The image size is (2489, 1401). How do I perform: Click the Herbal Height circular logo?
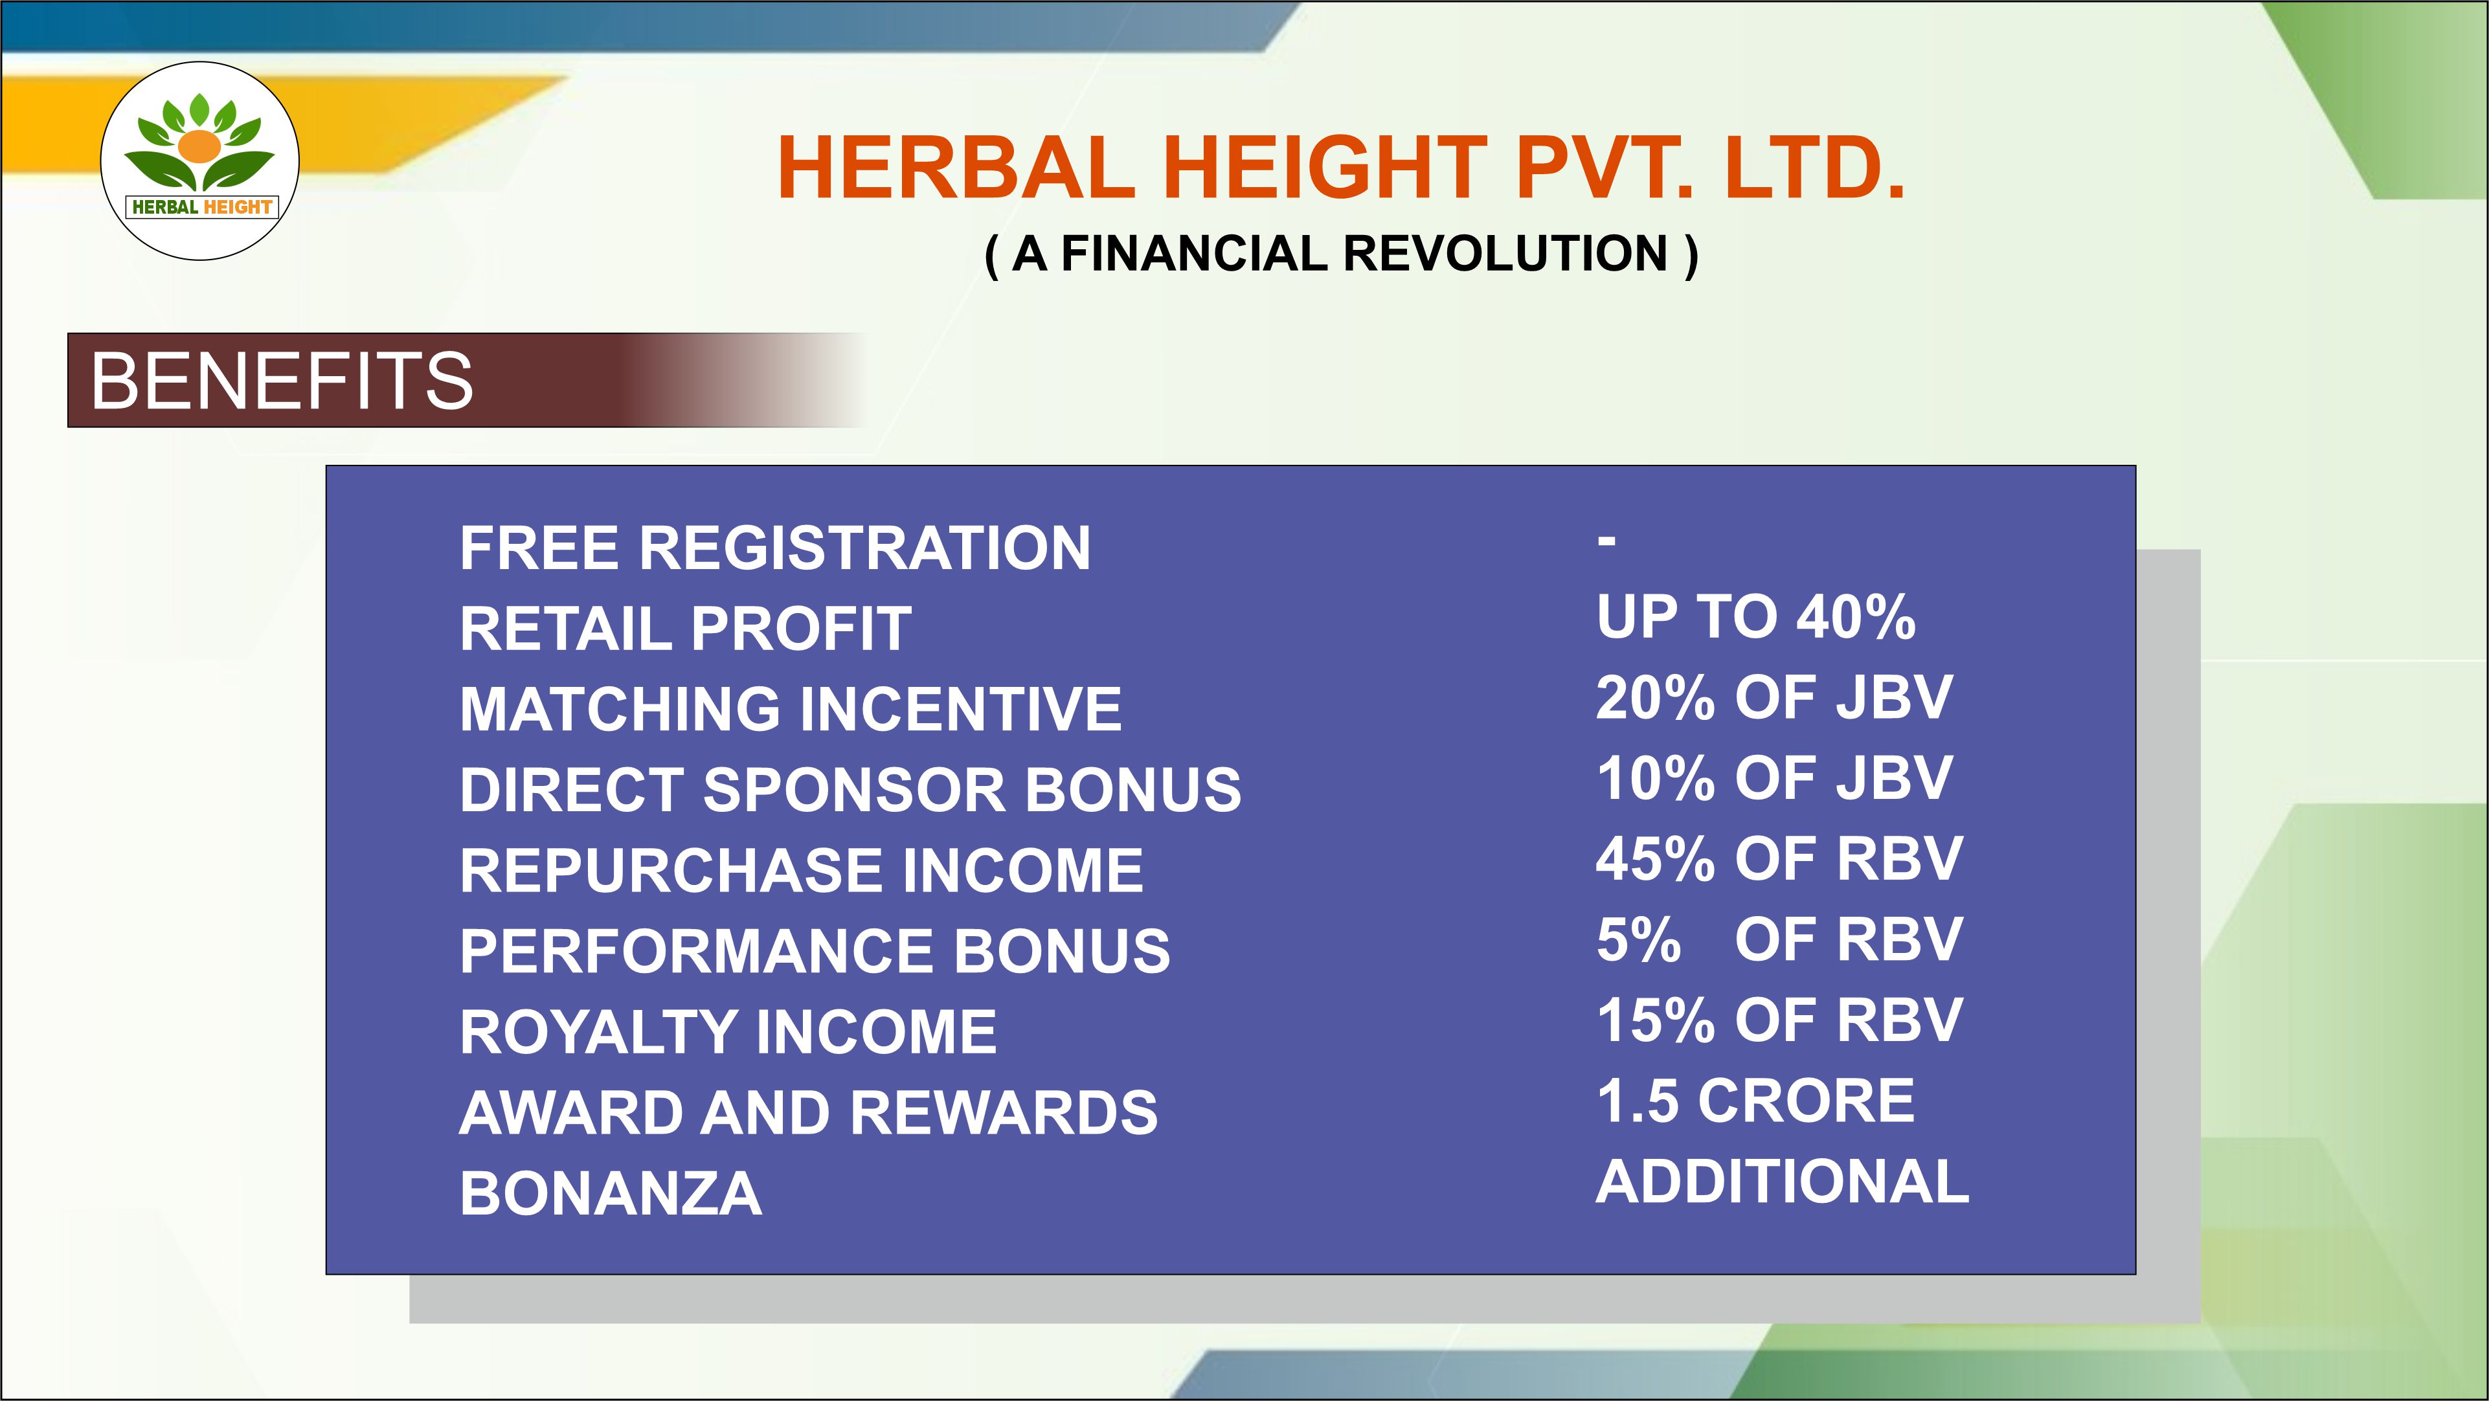[x=200, y=161]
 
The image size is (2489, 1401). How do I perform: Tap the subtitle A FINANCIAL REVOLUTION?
[x=1341, y=254]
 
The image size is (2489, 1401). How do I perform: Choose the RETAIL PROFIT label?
[x=686, y=629]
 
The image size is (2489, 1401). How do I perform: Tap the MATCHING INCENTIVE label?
[x=791, y=709]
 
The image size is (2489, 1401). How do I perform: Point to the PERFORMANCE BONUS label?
[x=815, y=951]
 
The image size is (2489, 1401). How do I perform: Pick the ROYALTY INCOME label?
[x=728, y=1032]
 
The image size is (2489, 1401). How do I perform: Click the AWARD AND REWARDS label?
[x=809, y=1112]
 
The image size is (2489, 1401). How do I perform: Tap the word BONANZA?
[x=611, y=1193]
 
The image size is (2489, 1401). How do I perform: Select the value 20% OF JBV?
[x=1775, y=698]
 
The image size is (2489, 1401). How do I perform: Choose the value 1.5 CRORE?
[x=1755, y=1101]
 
